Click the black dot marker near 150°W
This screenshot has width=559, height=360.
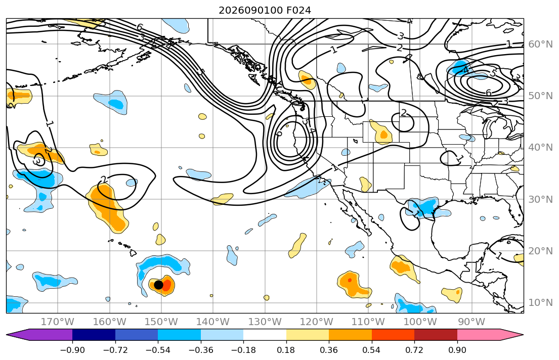click(x=159, y=285)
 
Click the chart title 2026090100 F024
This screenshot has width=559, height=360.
click(x=265, y=10)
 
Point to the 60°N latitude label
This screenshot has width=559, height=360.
click(x=540, y=44)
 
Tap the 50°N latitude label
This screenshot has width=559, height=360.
click(x=540, y=96)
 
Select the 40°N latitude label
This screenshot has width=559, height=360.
click(x=540, y=147)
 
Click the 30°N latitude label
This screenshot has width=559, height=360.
click(x=540, y=199)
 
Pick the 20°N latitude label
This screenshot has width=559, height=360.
click(x=540, y=251)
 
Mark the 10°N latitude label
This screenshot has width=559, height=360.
click(x=540, y=303)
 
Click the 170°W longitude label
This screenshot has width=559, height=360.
click(x=58, y=322)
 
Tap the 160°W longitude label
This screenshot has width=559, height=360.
click(x=109, y=322)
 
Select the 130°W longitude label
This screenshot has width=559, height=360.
click(x=265, y=322)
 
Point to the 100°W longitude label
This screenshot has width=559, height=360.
click(x=420, y=322)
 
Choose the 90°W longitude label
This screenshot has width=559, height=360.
click(x=471, y=322)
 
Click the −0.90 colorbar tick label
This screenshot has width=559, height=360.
click(x=72, y=350)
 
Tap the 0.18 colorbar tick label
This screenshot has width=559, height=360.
click(x=286, y=350)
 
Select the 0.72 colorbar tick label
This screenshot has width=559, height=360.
click(x=414, y=350)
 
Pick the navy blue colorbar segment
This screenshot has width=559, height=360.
click(x=94, y=335)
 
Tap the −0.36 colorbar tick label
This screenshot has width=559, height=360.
click(x=201, y=350)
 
